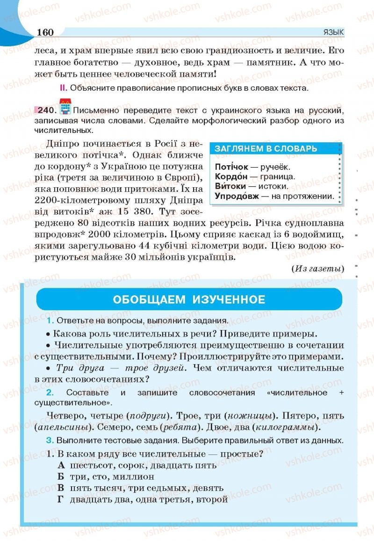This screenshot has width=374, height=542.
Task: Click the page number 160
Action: [x=44, y=32]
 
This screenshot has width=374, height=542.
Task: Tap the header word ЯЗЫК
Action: [x=333, y=32]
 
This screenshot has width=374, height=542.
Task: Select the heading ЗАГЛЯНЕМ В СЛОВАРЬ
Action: [x=266, y=149]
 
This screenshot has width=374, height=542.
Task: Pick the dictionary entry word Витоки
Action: [x=230, y=186]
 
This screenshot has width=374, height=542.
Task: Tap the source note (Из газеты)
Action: [x=317, y=269]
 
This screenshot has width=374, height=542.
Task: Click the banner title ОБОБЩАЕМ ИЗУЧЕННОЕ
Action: [x=189, y=300]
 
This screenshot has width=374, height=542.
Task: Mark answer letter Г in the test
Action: [x=60, y=499]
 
